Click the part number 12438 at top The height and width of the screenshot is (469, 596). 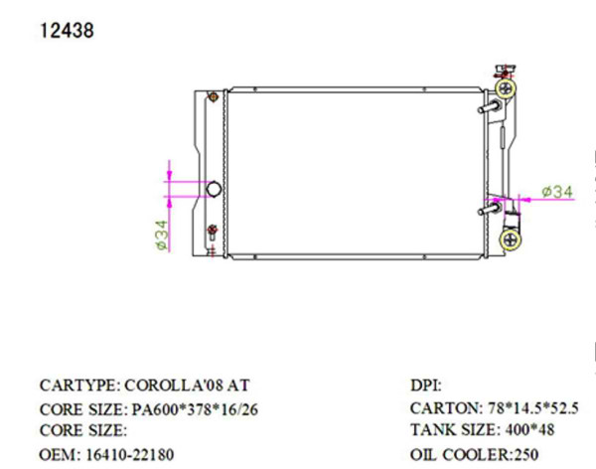click(67, 30)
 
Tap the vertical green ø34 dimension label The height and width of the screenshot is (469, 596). click(161, 234)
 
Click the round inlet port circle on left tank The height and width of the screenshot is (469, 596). click(214, 188)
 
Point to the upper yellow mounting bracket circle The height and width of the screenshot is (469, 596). click(508, 89)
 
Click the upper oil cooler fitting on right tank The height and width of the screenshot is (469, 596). click(490, 107)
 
